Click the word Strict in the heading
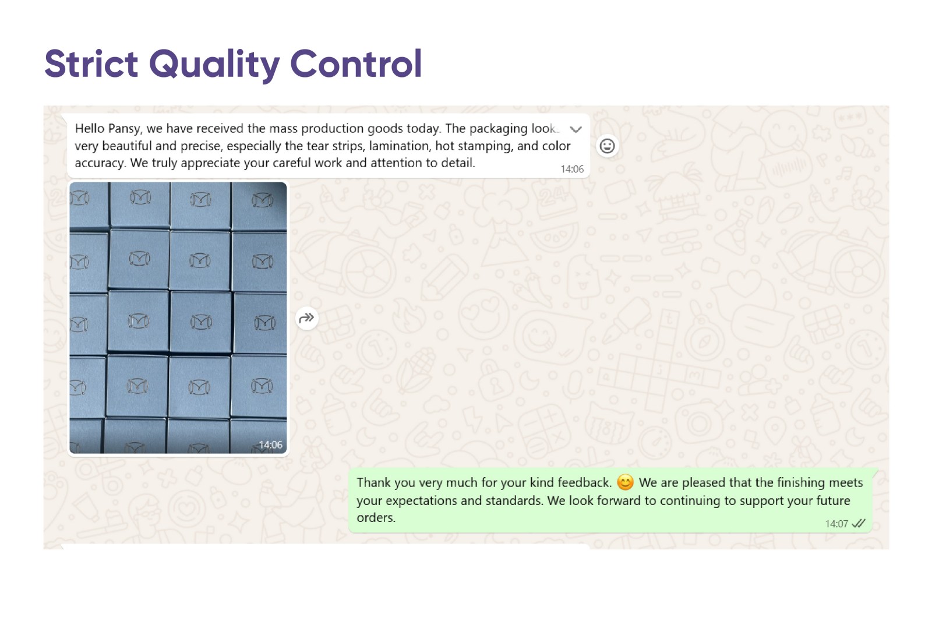click(91, 63)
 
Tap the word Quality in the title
click(214, 65)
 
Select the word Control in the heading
click(356, 63)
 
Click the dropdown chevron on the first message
click(576, 129)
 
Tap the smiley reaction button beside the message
click(607, 146)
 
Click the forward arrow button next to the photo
click(306, 319)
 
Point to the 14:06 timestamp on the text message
click(572, 169)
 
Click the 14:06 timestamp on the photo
click(270, 445)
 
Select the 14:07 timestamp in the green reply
click(836, 524)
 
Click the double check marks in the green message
click(859, 523)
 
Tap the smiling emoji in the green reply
click(625, 482)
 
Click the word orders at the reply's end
click(376, 517)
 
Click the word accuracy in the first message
click(100, 163)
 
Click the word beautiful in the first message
click(127, 146)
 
